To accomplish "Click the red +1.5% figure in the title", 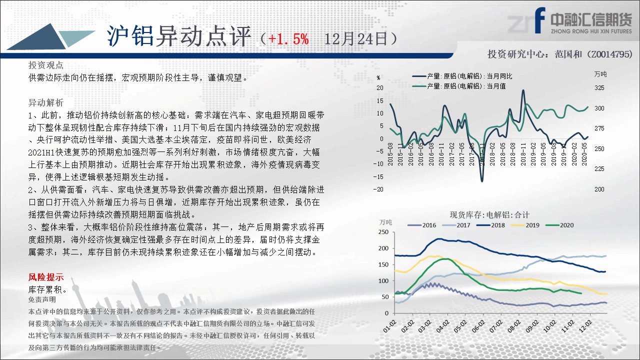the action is (x=288, y=39).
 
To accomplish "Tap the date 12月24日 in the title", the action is (x=356, y=39).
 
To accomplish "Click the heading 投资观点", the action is (x=45, y=65).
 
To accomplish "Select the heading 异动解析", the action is (x=45, y=102).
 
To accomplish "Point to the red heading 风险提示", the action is (x=46, y=277).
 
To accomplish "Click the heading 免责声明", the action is (x=42, y=299).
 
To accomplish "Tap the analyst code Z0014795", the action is (x=611, y=54).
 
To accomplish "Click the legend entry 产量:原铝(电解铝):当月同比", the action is (x=462, y=76).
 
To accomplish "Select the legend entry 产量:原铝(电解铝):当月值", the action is (x=459, y=86).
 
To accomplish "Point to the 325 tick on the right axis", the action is (x=599, y=88).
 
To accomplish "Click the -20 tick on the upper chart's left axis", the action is (x=378, y=189).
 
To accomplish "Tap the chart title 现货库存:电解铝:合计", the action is (x=489, y=215).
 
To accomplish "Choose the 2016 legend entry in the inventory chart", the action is (x=421, y=225).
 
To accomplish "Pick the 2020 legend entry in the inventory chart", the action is (x=559, y=225).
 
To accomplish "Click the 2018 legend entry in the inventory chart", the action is (x=490, y=225).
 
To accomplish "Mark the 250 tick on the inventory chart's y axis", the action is (x=383, y=232).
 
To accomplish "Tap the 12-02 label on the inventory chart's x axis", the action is (x=585, y=326).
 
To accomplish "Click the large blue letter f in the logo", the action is (x=540, y=20).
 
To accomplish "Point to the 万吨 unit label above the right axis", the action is (x=600, y=74).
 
